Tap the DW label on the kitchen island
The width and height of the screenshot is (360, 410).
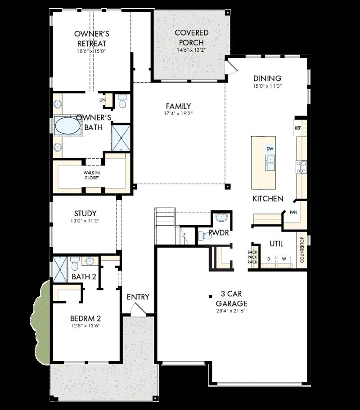270,149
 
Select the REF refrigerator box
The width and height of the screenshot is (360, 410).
298,128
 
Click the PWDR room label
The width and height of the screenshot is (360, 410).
219,233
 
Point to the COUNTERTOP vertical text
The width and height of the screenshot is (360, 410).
302,250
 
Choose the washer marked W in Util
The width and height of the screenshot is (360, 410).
284,259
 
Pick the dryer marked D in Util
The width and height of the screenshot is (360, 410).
269,259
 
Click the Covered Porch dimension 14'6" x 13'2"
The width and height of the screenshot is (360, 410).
192,50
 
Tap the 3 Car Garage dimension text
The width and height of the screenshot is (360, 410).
230,311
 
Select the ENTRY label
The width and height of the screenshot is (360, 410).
138,297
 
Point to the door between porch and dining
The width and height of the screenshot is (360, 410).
230,67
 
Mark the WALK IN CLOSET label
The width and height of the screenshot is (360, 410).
91,175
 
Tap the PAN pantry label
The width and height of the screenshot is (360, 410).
293,212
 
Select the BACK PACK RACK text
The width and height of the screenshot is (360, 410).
252,257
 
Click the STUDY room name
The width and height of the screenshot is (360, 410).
85,213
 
